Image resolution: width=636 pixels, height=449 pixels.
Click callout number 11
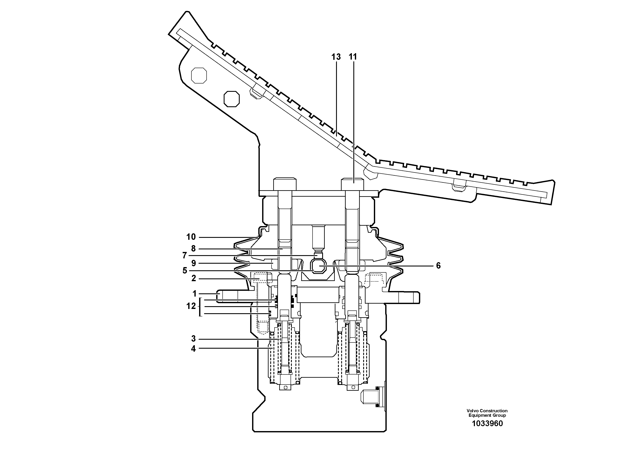coord(353,57)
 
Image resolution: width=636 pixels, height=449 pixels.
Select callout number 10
coord(191,237)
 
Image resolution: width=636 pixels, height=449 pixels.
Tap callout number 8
coord(193,249)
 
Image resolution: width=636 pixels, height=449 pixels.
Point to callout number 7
coord(185,255)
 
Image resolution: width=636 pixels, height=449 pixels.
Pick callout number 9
coord(193,263)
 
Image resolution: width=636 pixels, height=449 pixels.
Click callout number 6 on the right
coord(438,266)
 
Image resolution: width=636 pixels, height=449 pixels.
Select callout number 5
coord(185,271)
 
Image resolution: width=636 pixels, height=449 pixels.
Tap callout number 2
coord(193,278)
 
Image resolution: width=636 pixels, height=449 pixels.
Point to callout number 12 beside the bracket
coord(191,306)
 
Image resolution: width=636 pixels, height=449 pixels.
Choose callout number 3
coord(193,339)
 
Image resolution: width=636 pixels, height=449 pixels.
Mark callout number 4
coord(193,349)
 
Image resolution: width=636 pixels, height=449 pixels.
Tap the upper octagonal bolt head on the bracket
coord(199,75)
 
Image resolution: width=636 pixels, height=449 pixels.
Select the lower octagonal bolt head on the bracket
coord(232,99)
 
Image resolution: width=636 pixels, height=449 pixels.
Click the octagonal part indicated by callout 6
coord(319,266)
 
